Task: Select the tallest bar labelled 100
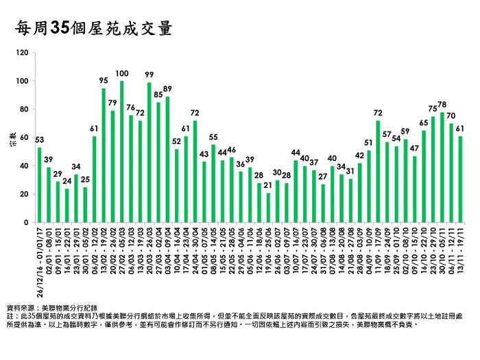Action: click(121, 152)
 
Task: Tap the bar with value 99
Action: click(149, 152)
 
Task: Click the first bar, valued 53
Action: click(39, 185)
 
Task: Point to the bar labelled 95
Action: click(104, 155)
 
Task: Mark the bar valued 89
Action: click(167, 160)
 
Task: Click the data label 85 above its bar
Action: click(158, 95)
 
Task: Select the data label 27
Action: click(323, 176)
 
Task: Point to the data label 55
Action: click(213, 137)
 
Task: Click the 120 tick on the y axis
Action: click(24, 53)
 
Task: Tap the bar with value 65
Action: click(424, 176)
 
